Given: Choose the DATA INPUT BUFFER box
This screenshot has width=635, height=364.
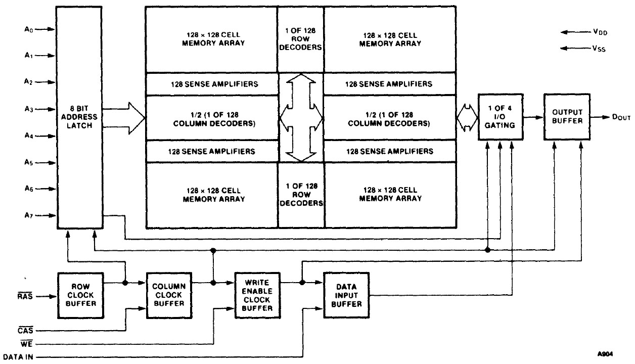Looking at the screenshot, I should click(x=346, y=295).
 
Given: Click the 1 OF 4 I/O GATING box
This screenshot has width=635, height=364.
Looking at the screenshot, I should click(x=500, y=117).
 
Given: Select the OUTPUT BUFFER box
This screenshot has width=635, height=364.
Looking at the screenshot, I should click(x=566, y=117).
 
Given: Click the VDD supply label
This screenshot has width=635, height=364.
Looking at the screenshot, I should click(x=601, y=32).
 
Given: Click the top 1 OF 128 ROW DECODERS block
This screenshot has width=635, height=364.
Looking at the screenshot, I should click(x=300, y=39).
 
